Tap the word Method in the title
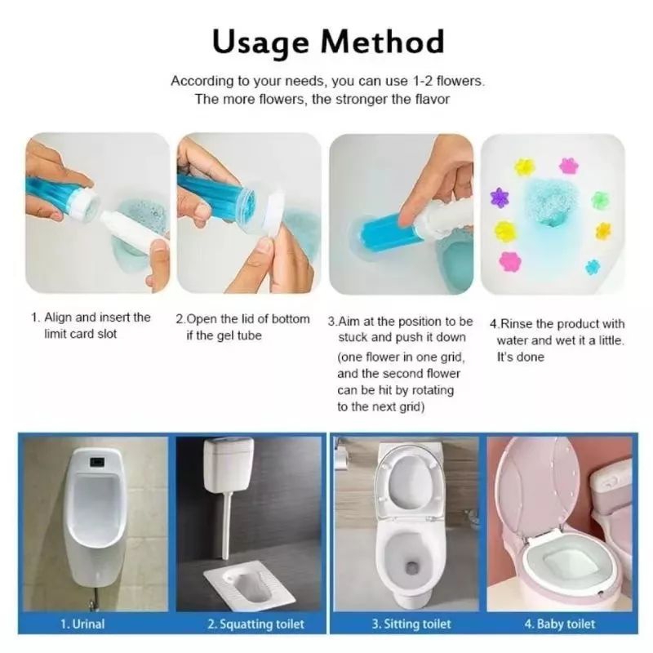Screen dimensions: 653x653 click(x=382, y=42)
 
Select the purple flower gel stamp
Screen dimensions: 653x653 click(x=498, y=198)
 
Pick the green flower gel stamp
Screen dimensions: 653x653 click(x=600, y=200)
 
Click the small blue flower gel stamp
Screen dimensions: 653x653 click(x=593, y=267)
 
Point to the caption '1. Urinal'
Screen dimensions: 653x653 click(x=82, y=624)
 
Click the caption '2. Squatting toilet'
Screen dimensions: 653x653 click(x=255, y=624)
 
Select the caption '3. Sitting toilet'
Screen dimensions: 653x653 click(x=411, y=624)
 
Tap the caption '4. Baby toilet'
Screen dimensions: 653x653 click(x=560, y=624)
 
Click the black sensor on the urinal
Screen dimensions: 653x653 click(x=97, y=461)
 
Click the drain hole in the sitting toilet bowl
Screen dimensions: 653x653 click(x=411, y=566)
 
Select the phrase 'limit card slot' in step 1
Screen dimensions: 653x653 click(x=80, y=334)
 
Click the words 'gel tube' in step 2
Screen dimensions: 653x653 click(x=233, y=335)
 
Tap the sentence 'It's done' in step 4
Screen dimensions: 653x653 click(x=521, y=357)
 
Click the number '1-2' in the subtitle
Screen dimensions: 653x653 click(x=421, y=80)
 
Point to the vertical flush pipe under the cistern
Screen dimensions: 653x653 click(x=226, y=526)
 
